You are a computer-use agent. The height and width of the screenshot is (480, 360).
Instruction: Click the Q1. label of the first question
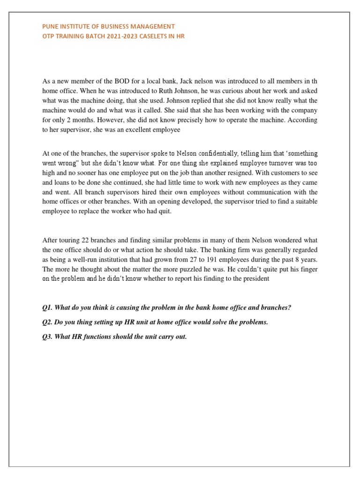(48, 307)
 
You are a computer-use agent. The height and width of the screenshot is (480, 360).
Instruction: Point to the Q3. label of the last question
(48, 337)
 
